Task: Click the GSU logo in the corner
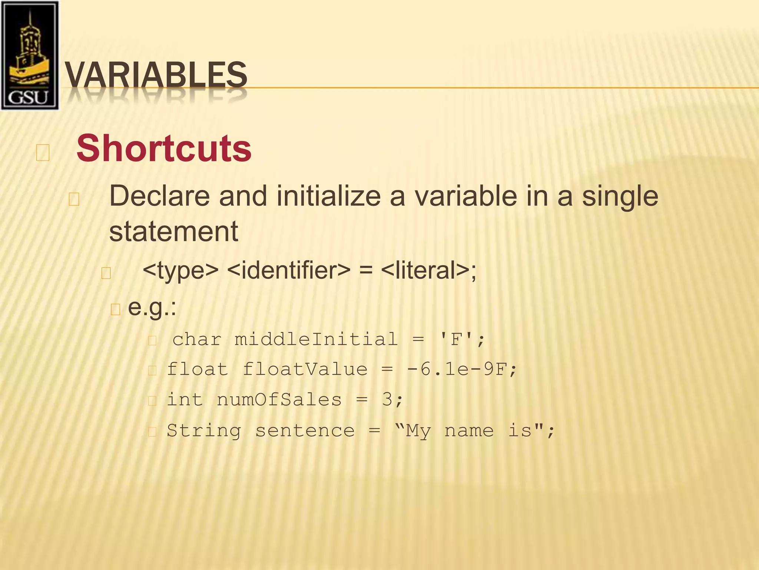pyautogui.click(x=30, y=56)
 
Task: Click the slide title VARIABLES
pyautogui.click(x=156, y=75)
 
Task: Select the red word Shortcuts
pyautogui.click(x=164, y=148)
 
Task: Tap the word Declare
pyautogui.click(x=159, y=196)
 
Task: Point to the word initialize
pyautogui.click(x=328, y=196)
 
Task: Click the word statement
pyautogui.click(x=173, y=231)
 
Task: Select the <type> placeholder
pyautogui.click(x=180, y=271)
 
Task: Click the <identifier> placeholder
pyautogui.click(x=288, y=271)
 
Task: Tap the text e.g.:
pyautogui.click(x=152, y=308)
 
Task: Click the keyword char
pyautogui.click(x=197, y=339)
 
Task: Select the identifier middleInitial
pyautogui.click(x=316, y=339)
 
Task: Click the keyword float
pyautogui.click(x=197, y=369)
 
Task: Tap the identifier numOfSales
pyautogui.click(x=279, y=400)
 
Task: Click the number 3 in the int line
pyautogui.click(x=387, y=400)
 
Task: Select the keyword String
pyautogui.click(x=203, y=431)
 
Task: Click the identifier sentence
pyautogui.click(x=305, y=431)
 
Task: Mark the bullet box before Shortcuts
pyautogui.click(x=43, y=153)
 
